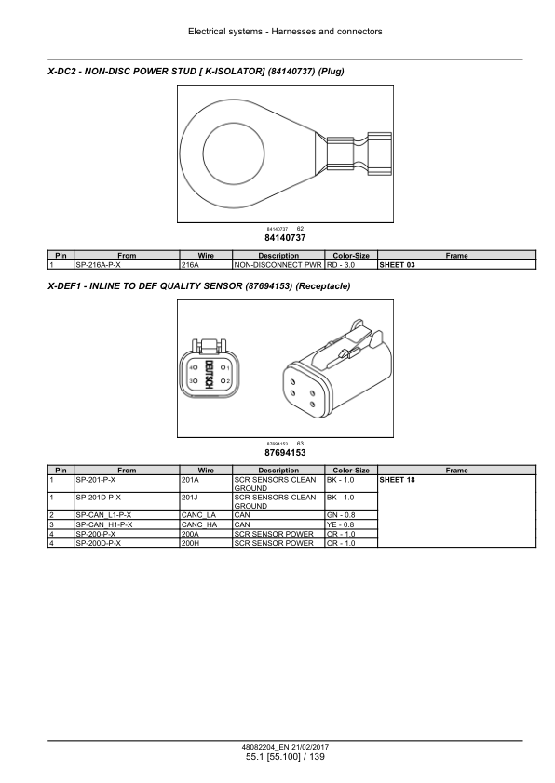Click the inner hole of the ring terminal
click(234, 153)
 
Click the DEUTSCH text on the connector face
click(209, 374)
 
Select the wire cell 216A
click(206, 265)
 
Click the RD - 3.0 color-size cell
click(351, 265)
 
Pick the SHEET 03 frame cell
click(456, 265)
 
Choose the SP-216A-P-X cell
click(127, 265)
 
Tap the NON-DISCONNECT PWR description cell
click(278, 265)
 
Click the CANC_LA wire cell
click(206, 515)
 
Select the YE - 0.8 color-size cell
click(351, 524)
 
